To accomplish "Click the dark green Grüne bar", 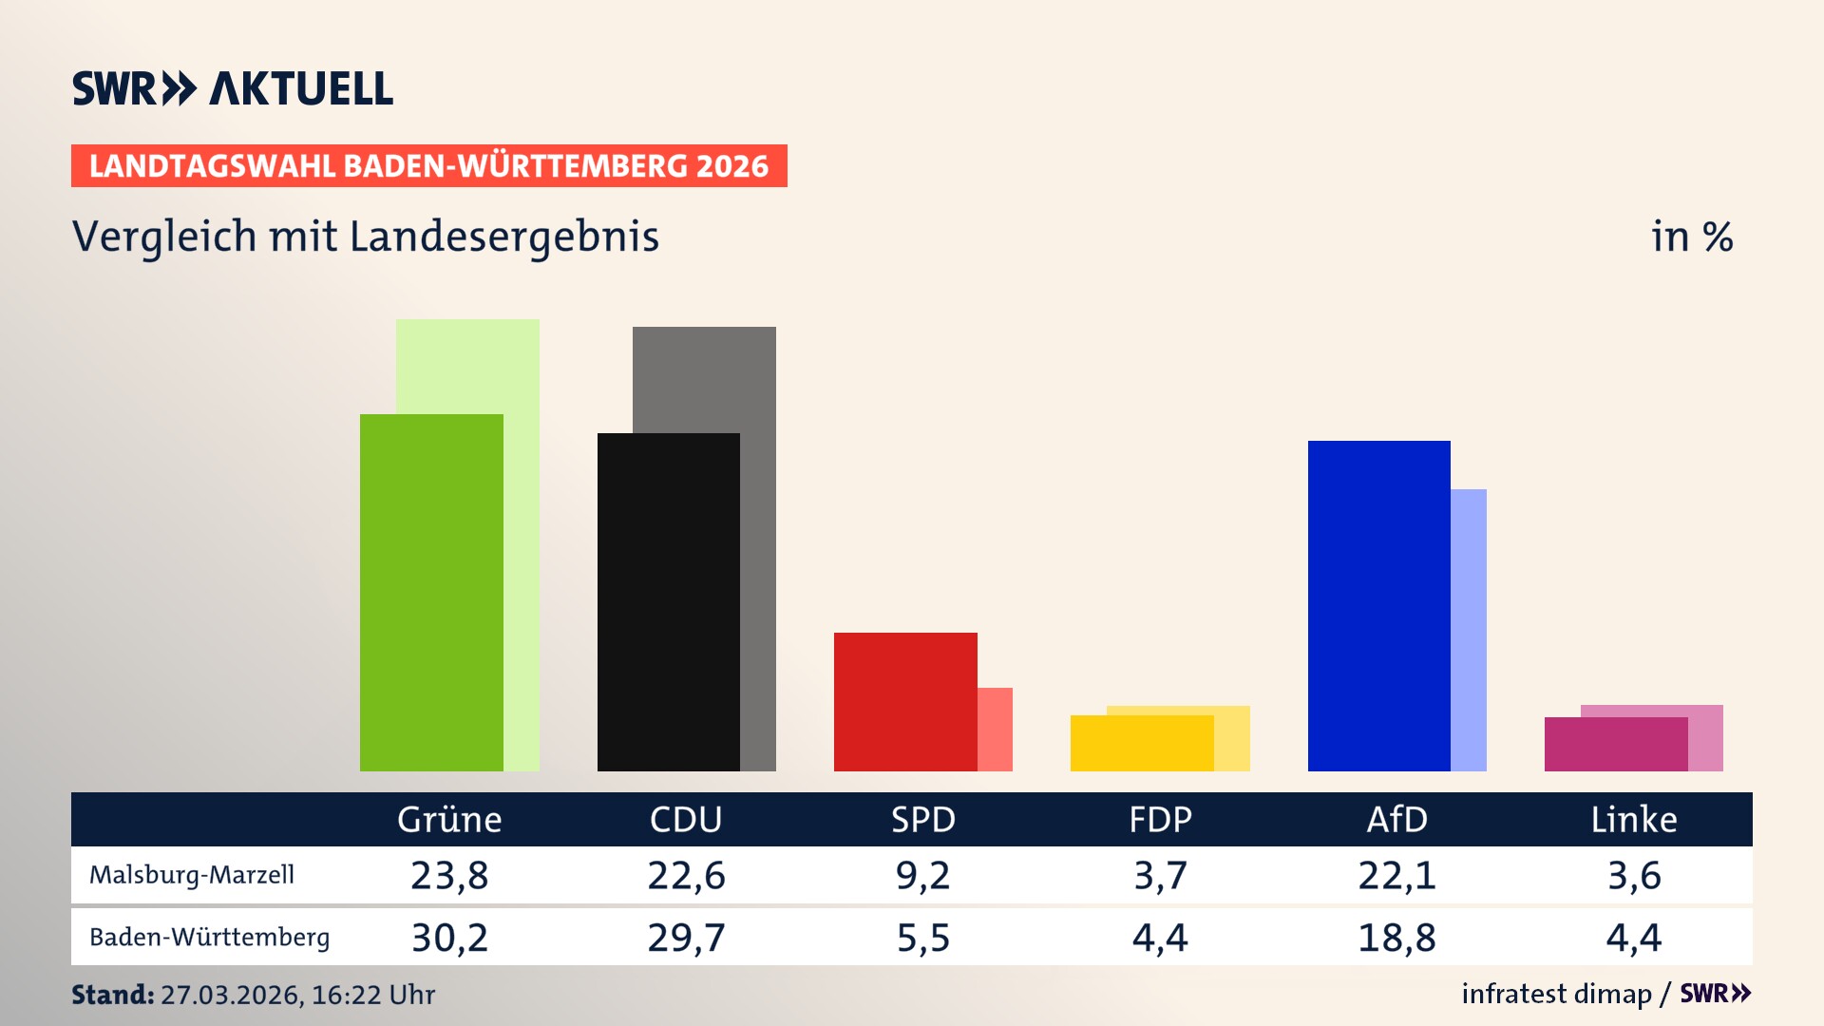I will coord(431,592).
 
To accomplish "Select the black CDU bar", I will coord(668,601).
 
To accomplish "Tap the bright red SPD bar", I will coord(905,701).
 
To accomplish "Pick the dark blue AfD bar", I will coord(1378,605).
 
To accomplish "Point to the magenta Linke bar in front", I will coord(1615,744).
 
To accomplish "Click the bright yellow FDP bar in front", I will coord(1141,743).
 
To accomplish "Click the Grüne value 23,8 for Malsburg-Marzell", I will coord(449,875).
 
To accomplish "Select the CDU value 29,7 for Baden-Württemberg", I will coord(686,938).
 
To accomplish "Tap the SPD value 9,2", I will coord(922,875).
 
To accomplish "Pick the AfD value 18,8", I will coord(1396,938).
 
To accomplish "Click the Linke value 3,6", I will coord(1634,875).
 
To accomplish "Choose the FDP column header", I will coord(1160,819).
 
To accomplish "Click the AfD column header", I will coord(1396,819).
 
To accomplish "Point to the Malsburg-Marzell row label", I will coord(192,875).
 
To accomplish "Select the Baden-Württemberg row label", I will coord(210,938).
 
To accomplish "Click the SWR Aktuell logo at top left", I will coord(233,88).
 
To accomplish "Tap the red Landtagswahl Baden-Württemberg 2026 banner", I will coord(428,166).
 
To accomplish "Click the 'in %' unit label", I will coord(1692,237).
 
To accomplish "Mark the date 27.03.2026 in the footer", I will coord(230,995).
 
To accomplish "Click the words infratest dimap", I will coord(1556,994).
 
